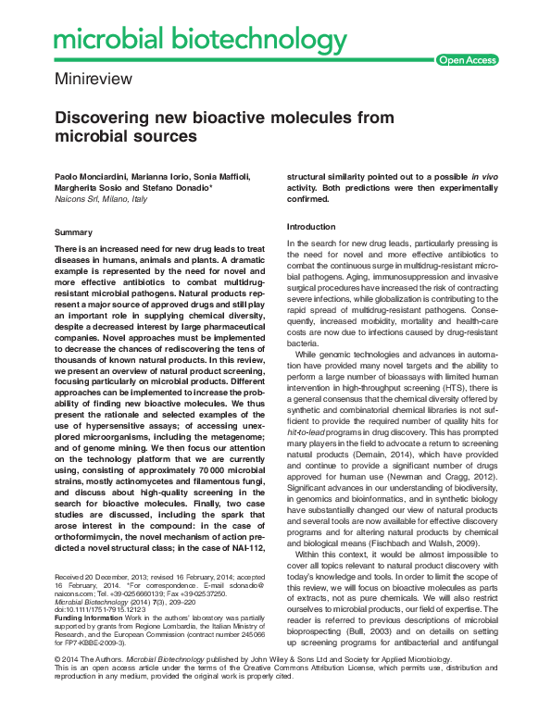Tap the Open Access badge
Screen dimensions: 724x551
(x=467, y=60)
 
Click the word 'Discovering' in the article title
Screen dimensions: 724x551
(x=106, y=119)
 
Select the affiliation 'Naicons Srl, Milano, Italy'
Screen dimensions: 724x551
(x=101, y=198)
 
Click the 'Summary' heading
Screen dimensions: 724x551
(x=73, y=231)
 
